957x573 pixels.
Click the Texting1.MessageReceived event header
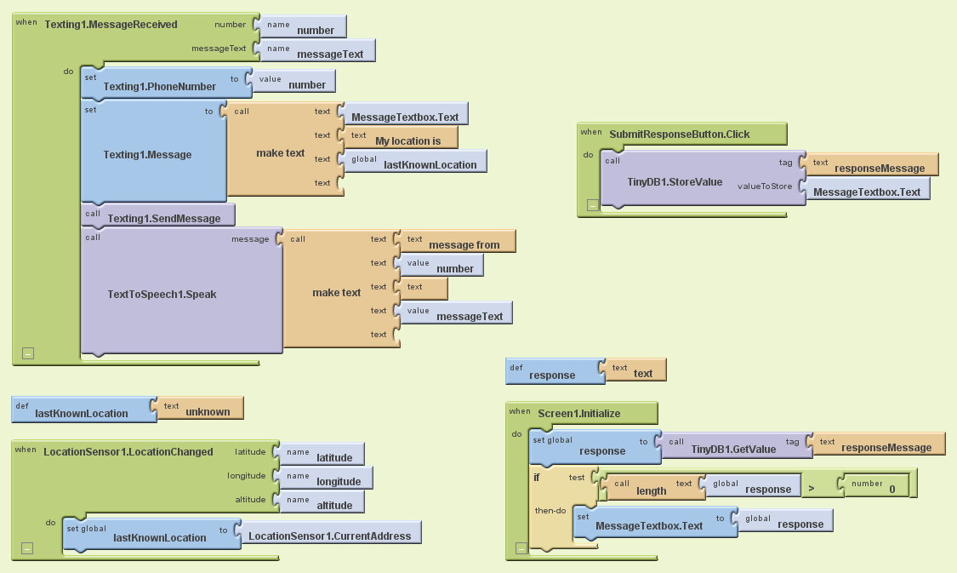[x=111, y=25]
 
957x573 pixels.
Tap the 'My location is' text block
[x=407, y=140]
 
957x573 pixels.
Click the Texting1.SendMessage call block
[x=163, y=218]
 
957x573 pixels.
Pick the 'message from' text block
[x=464, y=244]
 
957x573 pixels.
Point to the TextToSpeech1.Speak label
[x=162, y=295]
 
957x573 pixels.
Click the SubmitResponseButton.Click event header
[x=679, y=134]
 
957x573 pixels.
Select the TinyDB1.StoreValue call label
[x=675, y=181]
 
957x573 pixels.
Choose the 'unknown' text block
[x=208, y=411]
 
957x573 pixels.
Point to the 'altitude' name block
[x=333, y=505]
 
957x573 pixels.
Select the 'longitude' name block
[x=338, y=481]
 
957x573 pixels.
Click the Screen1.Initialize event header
[x=578, y=413]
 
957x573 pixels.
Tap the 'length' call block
[x=651, y=490]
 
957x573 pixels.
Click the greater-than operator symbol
[x=810, y=489]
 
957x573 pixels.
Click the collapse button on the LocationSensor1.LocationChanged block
[x=27, y=549]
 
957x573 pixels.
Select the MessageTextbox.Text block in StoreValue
[x=866, y=192]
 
